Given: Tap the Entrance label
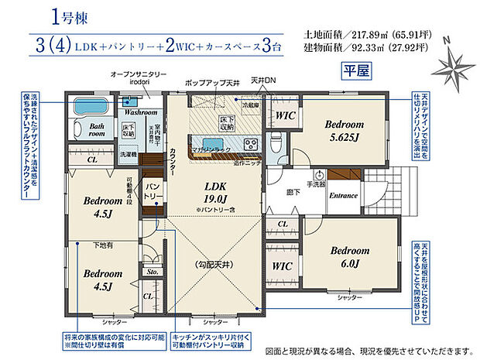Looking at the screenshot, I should click(x=343, y=196).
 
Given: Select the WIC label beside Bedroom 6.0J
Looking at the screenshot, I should click(x=282, y=265).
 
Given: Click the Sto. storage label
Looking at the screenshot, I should click(x=151, y=272).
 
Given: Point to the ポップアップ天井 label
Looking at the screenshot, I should click(x=208, y=81).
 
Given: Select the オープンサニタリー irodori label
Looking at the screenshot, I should click(x=138, y=77).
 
